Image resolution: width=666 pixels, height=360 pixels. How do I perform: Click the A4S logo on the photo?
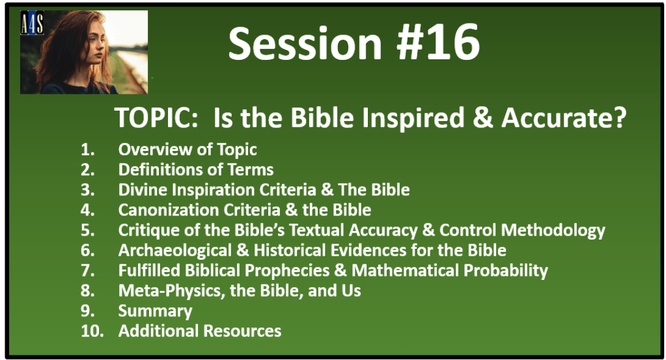(x=32, y=23)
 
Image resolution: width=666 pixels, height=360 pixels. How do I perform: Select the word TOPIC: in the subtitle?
(x=156, y=118)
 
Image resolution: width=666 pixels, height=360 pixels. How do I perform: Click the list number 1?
(x=87, y=150)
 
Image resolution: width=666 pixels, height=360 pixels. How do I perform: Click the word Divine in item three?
(x=142, y=189)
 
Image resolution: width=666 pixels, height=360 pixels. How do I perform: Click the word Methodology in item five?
(x=553, y=230)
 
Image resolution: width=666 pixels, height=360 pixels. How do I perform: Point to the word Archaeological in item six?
(x=175, y=251)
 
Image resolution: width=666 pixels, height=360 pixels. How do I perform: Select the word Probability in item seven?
(x=505, y=271)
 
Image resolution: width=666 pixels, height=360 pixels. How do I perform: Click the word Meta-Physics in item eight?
(x=172, y=291)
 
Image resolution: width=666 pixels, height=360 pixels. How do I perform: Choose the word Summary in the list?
(x=155, y=311)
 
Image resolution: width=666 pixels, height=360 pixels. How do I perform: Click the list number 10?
(x=92, y=331)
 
